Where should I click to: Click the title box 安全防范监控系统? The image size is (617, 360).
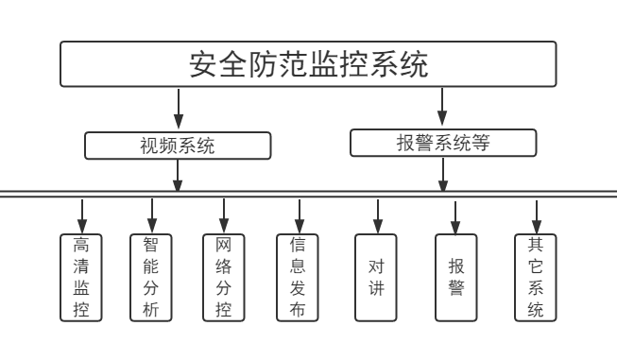308,65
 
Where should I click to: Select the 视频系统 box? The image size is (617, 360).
178,146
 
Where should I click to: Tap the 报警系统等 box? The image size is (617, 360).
443,143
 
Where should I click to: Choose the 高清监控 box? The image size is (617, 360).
81,277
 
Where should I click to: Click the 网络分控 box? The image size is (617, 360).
224,277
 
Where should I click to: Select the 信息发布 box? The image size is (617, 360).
298,277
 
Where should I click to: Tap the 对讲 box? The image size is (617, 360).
376,277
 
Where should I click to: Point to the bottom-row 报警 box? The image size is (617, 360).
456,277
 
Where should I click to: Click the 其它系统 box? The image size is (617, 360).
535,277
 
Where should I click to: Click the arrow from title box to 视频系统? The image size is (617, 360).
178,110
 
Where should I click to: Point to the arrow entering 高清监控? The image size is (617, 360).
81,213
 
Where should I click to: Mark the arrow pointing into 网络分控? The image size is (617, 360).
224,213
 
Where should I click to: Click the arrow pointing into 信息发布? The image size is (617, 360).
298,213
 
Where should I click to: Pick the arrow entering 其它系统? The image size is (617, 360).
535,213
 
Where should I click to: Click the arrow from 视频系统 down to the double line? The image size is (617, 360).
178,175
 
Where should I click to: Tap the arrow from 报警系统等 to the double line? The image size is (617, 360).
443,173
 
